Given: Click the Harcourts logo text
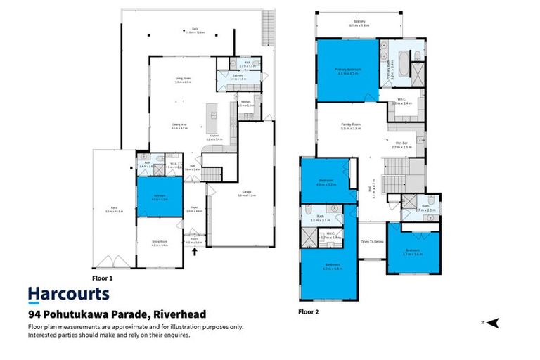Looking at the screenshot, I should (x=68, y=294).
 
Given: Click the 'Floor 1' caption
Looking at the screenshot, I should (x=103, y=269).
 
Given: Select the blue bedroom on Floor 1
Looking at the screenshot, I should (x=159, y=198).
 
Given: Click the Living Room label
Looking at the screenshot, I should (x=183, y=79).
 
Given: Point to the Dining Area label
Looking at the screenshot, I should (x=180, y=127).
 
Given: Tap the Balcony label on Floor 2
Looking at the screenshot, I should (x=359, y=24).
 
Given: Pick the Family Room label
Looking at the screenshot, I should (x=350, y=127).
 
